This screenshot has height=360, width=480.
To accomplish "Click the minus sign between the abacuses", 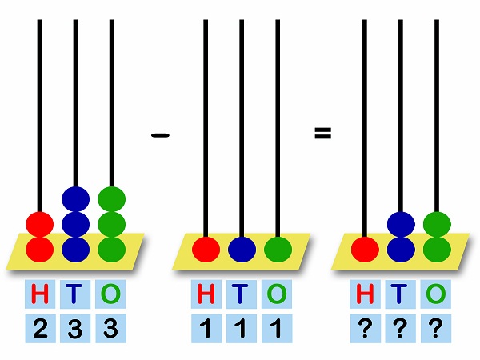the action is [x=161, y=135].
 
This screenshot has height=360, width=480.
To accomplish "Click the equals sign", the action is [x=323, y=133].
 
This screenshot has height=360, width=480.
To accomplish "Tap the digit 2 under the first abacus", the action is [x=40, y=328].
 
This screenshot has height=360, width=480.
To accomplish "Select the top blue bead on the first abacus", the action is [x=76, y=199].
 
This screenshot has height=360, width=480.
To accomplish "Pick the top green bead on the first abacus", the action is [x=112, y=199].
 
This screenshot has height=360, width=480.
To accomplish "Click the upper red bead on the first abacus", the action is [x=40, y=224].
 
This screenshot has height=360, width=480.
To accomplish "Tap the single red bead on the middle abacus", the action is [x=206, y=250].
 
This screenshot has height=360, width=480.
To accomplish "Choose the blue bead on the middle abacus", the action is [x=242, y=250].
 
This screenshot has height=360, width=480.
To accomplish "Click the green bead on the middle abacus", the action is [x=278, y=250].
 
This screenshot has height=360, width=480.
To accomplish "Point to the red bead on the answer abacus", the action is [x=365, y=250].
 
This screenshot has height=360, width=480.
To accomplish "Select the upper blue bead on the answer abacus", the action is [x=401, y=224].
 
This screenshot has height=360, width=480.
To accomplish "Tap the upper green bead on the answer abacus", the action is [x=437, y=224].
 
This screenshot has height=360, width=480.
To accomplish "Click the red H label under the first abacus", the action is [x=40, y=294].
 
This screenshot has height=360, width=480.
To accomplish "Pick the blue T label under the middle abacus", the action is [x=241, y=294].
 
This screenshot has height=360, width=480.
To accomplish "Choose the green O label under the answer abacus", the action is [x=436, y=294].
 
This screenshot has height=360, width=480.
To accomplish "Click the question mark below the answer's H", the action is [x=365, y=328].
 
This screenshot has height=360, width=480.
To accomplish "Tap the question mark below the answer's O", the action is [x=436, y=328].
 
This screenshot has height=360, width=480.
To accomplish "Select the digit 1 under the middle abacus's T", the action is [x=242, y=328].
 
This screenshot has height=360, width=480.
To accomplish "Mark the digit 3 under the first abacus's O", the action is [x=110, y=328].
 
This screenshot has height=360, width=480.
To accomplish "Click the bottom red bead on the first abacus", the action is [x=40, y=250].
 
